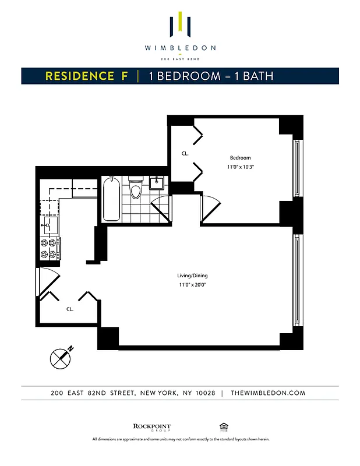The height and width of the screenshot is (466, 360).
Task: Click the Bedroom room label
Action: coord(240,158)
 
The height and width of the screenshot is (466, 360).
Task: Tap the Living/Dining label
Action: coord(192,276)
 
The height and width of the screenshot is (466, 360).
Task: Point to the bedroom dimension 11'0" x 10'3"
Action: coord(240,167)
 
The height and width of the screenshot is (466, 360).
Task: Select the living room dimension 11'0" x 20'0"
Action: coord(193,285)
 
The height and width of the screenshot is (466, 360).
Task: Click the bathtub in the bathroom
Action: coord(112,200)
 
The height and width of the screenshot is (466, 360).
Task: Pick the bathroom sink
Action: coord(156,183)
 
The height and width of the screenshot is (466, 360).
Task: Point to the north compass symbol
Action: coord(59,357)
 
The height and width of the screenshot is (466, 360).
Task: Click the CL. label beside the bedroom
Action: coord(185,154)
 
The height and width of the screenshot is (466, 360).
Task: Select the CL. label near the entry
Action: coord(69,309)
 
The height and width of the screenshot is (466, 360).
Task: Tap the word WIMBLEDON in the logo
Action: coord(180,48)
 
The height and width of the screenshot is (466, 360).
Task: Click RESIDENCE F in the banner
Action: coord(87,76)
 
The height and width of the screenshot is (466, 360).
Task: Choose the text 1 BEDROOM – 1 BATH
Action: coord(211,76)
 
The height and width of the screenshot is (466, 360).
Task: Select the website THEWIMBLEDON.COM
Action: coord(268,393)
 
